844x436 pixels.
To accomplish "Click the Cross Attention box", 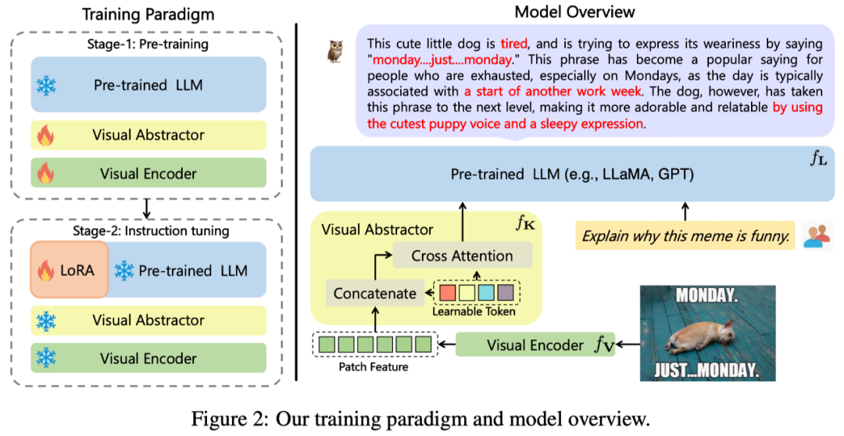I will tap(462, 255).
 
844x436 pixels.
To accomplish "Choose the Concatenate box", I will tap(375, 294).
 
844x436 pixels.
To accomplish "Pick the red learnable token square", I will tap(448, 294).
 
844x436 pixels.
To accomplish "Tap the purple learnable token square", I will tap(506, 294).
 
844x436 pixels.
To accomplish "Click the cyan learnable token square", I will tap(486, 294).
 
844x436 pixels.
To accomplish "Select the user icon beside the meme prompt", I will tap(815, 233).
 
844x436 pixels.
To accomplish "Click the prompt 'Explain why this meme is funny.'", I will tap(685, 233).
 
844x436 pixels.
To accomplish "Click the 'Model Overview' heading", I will tap(574, 12).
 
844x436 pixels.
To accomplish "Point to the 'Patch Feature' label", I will tap(374, 366).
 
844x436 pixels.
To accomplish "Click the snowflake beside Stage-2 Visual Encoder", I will tap(47, 359).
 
